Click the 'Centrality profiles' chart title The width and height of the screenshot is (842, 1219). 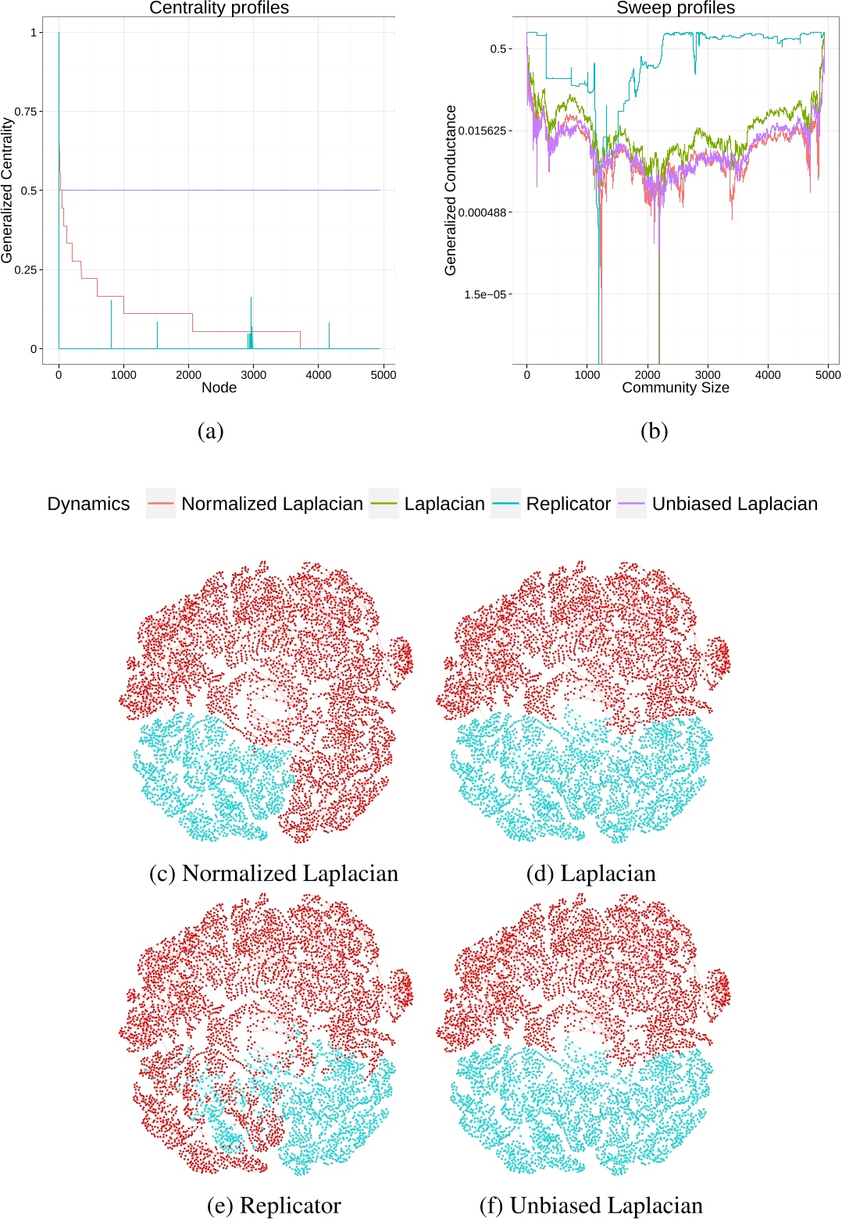(x=219, y=9)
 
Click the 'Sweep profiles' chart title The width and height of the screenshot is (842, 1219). (x=676, y=9)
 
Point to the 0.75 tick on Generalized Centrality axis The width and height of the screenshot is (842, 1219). (x=27, y=112)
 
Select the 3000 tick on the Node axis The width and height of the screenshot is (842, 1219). (x=253, y=375)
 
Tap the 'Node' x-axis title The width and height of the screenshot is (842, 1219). (x=219, y=388)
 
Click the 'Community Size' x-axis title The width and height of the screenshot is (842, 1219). (x=676, y=388)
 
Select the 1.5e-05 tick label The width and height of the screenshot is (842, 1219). (x=485, y=294)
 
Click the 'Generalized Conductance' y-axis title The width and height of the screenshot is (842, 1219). (x=451, y=190)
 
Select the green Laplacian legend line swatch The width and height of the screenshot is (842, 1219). (x=384, y=504)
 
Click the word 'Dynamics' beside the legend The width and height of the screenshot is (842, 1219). (x=88, y=504)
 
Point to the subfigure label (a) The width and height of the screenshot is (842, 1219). (x=211, y=431)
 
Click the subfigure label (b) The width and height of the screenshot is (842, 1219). (x=654, y=431)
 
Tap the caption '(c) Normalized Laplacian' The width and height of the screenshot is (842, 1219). (x=273, y=873)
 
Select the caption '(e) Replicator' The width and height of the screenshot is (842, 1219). (x=273, y=1206)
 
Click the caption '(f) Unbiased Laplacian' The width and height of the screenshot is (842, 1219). (x=590, y=1206)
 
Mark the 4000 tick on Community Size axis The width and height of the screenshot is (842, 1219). (x=768, y=375)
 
